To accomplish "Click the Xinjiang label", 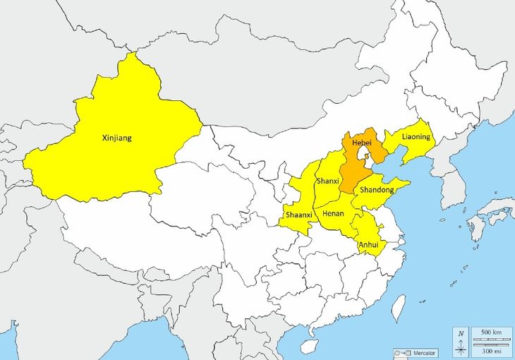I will point(116,138).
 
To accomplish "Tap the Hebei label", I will point(361,142).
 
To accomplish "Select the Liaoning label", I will point(416,136).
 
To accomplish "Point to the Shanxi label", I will point(328,181).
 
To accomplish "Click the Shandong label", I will point(377,190).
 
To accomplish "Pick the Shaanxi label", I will point(299,214).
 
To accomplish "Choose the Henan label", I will point(333,212).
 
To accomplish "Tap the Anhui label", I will point(368,245).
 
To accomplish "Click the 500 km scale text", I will point(490,332).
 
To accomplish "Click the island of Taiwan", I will point(399,304).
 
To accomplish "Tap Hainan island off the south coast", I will point(308,346).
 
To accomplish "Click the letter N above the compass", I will point(461,333).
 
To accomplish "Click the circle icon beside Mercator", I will point(398,352).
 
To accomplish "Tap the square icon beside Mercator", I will point(408,352).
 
